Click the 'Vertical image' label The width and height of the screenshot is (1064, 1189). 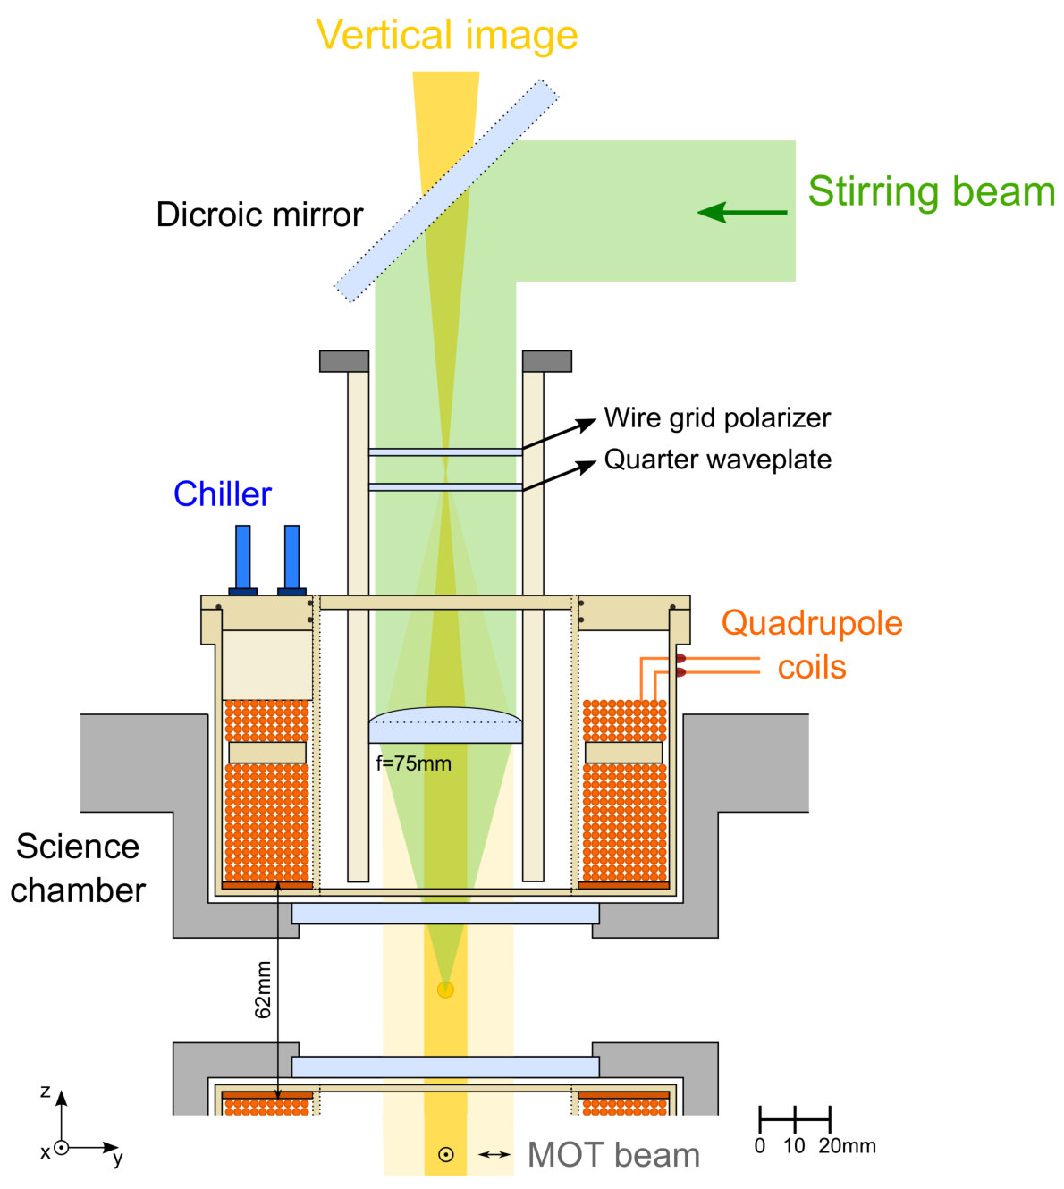click(x=446, y=35)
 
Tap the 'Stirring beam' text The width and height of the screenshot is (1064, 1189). click(x=932, y=192)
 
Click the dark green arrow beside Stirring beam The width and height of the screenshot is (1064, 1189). click(x=742, y=212)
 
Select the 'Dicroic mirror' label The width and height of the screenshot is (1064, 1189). click(x=259, y=215)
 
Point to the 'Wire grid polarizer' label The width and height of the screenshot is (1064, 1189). click(x=717, y=418)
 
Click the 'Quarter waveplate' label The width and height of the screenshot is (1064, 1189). click(x=718, y=460)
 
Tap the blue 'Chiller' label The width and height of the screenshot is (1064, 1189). click(x=223, y=493)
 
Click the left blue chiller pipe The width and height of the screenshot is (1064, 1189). click(x=243, y=560)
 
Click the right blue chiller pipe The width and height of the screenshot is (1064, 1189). click(x=291, y=560)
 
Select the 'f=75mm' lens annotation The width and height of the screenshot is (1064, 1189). click(x=414, y=763)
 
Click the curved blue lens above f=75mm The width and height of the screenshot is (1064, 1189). click(x=445, y=725)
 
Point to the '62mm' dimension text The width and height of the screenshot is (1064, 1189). click(x=263, y=990)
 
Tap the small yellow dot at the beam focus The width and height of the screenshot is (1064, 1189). click(x=445, y=990)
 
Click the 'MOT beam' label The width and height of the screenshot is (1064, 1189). click(x=613, y=1155)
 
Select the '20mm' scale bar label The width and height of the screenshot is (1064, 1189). click(x=847, y=1145)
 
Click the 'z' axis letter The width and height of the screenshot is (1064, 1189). click(x=46, y=1092)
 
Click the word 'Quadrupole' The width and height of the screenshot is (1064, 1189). click(x=812, y=623)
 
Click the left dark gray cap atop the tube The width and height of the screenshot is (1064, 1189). click(x=344, y=361)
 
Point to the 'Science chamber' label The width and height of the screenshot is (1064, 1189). click(x=78, y=868)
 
